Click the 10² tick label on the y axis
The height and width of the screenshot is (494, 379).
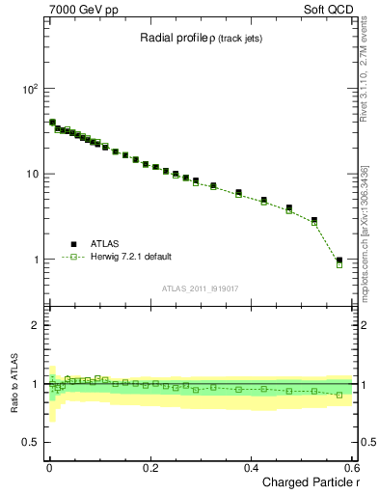pos(30,88)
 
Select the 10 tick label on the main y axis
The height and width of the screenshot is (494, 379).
pos(32,174)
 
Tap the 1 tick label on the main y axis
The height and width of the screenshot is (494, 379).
pos(36,260)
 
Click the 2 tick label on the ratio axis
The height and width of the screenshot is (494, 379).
pos(36,325)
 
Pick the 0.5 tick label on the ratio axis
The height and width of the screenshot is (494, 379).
pos(31,442)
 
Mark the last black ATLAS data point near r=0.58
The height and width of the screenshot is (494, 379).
pos(339,260)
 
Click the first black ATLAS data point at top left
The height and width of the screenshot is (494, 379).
pos(52,123)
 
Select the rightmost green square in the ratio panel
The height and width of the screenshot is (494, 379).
pos(339,395)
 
